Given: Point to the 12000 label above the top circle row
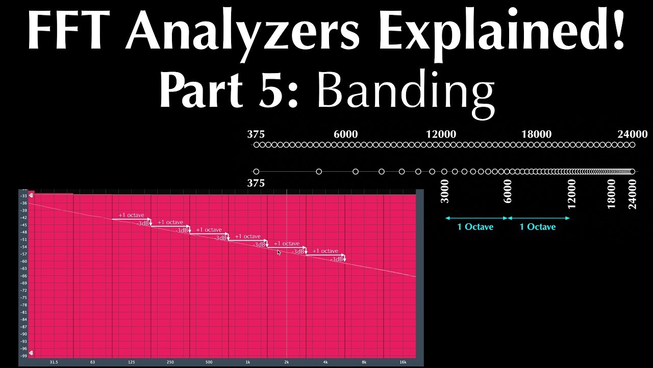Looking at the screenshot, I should tap(441, 134).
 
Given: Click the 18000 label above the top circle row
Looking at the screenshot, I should tap(536, 134).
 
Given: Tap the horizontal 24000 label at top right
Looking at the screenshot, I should tap(632, 134).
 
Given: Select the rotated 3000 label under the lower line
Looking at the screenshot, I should tap(445, 191).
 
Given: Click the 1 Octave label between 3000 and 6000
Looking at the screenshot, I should tap(475, 227).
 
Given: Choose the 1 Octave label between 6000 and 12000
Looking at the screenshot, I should tap(538, 227).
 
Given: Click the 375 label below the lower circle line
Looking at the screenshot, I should tap(256, 183).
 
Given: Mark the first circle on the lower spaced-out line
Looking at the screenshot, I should tap(256, 172).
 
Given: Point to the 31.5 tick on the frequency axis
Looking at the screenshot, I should tap(54, 362).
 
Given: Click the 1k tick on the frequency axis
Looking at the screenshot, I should tap(248, 362).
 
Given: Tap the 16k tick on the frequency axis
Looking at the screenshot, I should tap(403, 362).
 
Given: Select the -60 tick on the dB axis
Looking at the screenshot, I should tap(23, 261).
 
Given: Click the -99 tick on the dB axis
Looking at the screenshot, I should tap(23, 355).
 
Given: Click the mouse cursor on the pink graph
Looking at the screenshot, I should tap(279, 252).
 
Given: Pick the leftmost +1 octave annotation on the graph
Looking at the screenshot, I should tap(131, 215).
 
